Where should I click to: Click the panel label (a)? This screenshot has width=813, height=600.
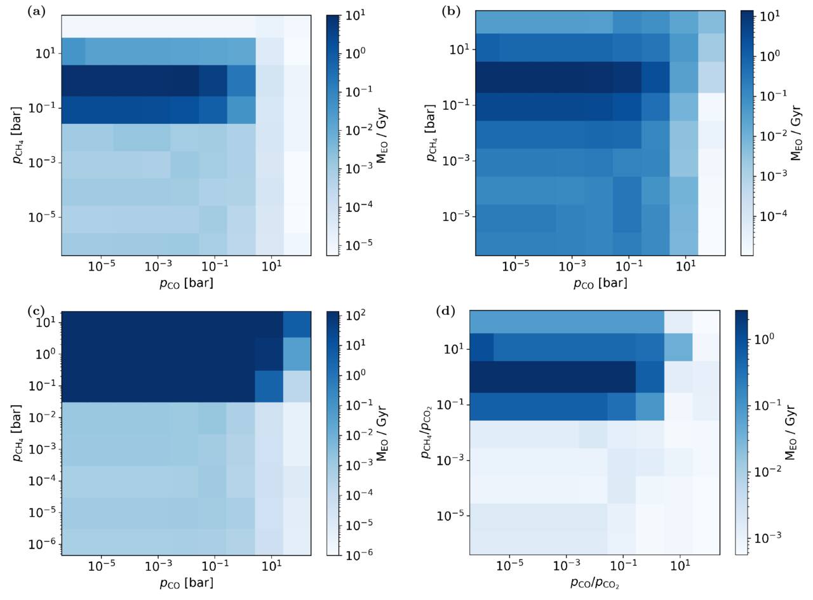[x=36, y=13]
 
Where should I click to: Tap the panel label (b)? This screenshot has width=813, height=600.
[x=450, y=13]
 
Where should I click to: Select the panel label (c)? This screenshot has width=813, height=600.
[x=36, y=312]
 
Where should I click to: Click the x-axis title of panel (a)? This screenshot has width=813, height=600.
[x=186, y=283]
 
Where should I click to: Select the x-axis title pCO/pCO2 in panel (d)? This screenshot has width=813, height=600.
[x=594, y=583]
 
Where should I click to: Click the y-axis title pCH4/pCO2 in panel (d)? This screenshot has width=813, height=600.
[x=427, y=432]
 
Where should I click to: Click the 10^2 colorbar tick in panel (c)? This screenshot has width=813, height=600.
[x=354, y=315]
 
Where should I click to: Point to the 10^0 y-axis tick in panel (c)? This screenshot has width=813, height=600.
[x=44, y=354]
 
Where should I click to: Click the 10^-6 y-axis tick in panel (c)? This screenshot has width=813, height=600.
[x=41, y=545]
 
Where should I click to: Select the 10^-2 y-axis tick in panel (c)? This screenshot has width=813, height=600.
[x=41, y=417]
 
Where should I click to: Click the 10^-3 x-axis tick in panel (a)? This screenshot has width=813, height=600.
[x=158, y=266]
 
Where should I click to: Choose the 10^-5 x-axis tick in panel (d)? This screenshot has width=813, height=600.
[x=509, y=566]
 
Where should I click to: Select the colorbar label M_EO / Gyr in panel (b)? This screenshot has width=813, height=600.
[x=796, y=133]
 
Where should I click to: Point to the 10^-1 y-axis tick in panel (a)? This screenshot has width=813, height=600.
[x=41, y=108]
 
